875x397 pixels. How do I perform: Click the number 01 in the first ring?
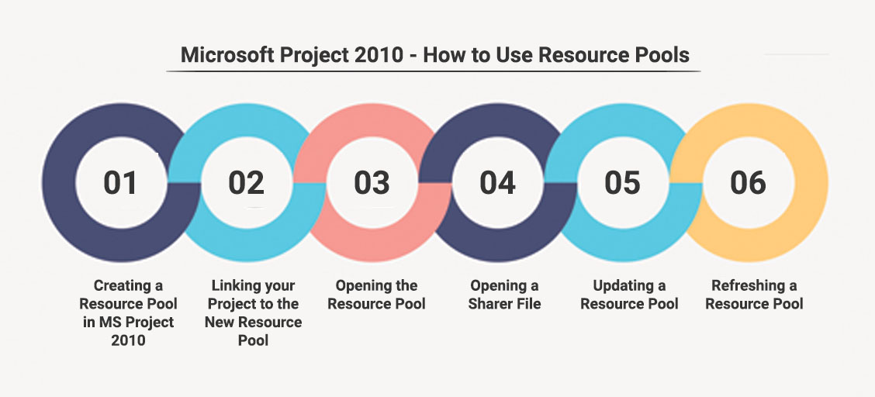pos(120,183)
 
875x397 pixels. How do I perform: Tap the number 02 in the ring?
pos(246,183)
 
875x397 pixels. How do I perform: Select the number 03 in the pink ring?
pos(372,183)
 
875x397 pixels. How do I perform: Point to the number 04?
pos(497,183)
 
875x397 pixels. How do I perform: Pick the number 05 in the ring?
pos(623,183)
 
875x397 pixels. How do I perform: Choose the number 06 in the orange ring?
pos(749,183)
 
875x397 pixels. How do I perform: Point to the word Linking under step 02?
pos(232,286)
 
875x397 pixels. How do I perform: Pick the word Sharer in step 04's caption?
pos(490,305)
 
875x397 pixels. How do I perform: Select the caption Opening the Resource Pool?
pos(377,295)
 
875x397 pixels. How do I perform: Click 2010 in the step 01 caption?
pos(128,340)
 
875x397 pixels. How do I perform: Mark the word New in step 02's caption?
pos(219,323)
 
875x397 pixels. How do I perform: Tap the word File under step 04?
pos(528,305)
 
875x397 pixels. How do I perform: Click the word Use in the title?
pos(516,55)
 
